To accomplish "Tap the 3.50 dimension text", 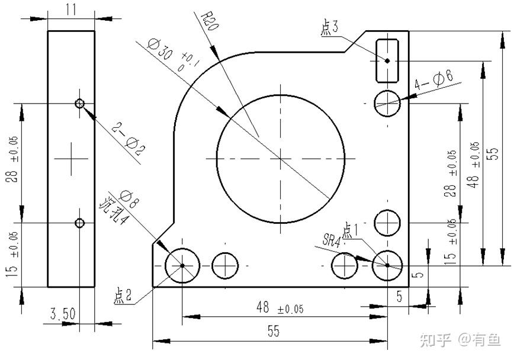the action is pyautogui.click(x=63, y=314).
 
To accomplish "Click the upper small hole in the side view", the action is pyautogui.click(x=81, y=104).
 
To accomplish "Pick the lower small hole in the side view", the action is pyautogui.click(x=81, y=223).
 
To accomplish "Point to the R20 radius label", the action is pyautogui.click(x=207, y=23).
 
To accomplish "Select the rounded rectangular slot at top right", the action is pyautogui.click(x=387, y=60).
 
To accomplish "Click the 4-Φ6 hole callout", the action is pyautogui.click(x=434, y=81).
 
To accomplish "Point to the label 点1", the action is pyautogui.click(x=351, y=229).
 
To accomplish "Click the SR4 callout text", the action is pyautogui.click(x=332, y=239).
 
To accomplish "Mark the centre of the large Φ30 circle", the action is pyautogui.click(x=281, y=158).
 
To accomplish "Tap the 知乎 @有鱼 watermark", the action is pyautogui.click(x=460, y=339).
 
